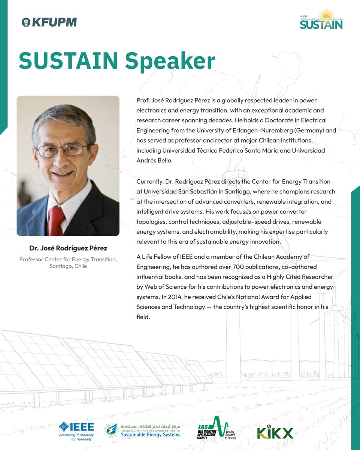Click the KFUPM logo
click(x=49, y=22)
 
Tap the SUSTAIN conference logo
click(x=321, y=21)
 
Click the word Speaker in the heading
click(x=170, y=61)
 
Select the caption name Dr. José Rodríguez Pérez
click(x=68, y=249)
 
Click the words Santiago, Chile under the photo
click(x=68, y=266)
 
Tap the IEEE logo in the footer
click(x=76, y=431)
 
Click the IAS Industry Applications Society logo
click(x=218, y=429)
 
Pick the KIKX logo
click(x=275, y=433)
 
